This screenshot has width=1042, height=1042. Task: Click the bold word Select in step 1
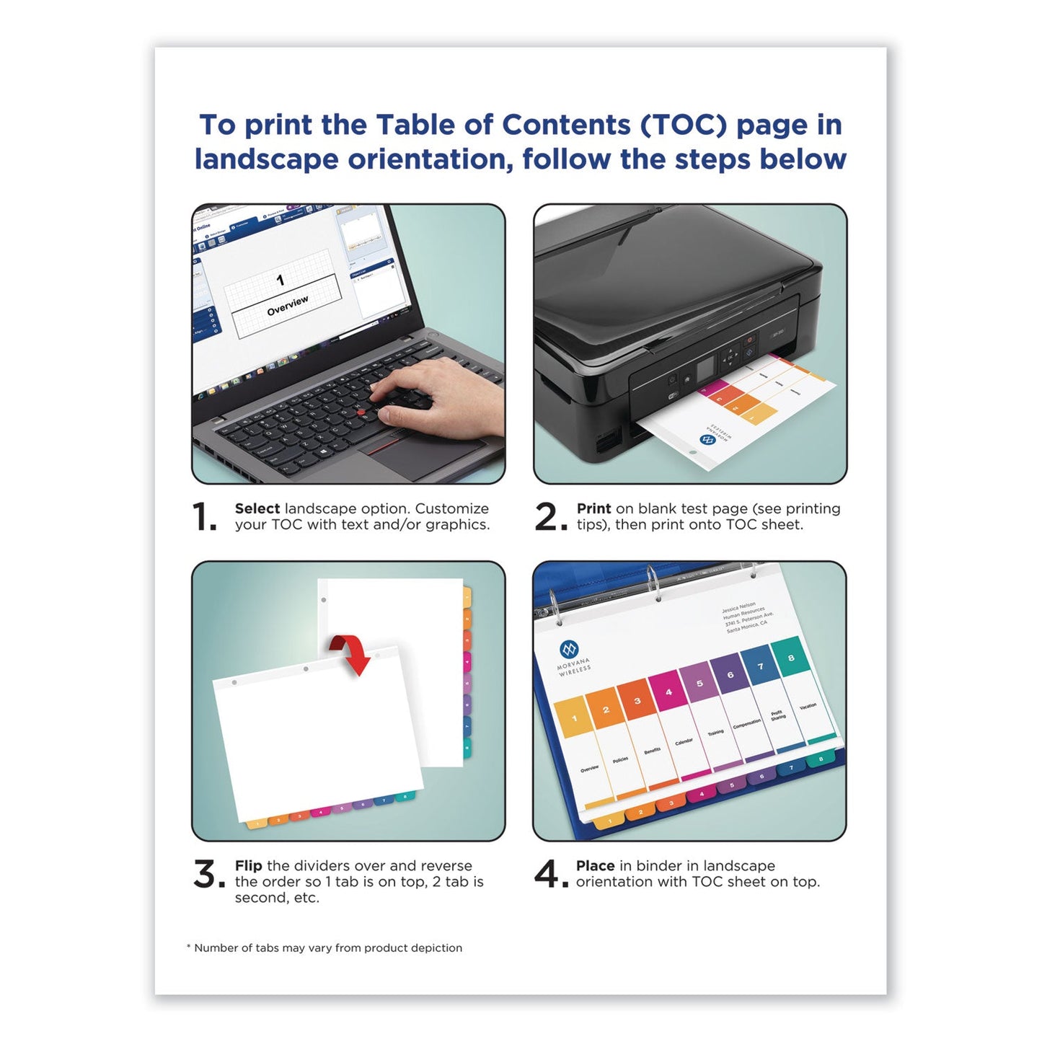[x=257, y=508]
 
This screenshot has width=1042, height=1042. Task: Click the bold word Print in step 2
[x=593, y=508]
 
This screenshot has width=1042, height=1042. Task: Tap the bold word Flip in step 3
[x=248, y=865]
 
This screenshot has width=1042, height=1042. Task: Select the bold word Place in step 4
[x=595, y=865]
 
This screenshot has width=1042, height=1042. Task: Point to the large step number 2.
[x=549, y=518]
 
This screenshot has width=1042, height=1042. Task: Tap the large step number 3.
[x=208, y=875]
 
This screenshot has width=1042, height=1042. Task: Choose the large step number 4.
[x=549, y=875]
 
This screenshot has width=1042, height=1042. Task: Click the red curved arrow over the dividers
[x=353, y=653]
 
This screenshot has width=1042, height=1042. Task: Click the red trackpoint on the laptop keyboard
[x=361, y=412]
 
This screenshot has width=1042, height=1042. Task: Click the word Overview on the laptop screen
[x=287, y=306]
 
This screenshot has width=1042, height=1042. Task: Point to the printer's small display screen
[x=705, y=366]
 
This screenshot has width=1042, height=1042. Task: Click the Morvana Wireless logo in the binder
[x=570, y=650]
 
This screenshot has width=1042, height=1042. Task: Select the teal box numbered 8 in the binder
[x=790, y=657]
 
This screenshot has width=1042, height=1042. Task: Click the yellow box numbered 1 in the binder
[x=575, y=718]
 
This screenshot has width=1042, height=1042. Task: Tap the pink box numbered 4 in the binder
[x=668, y=692]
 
